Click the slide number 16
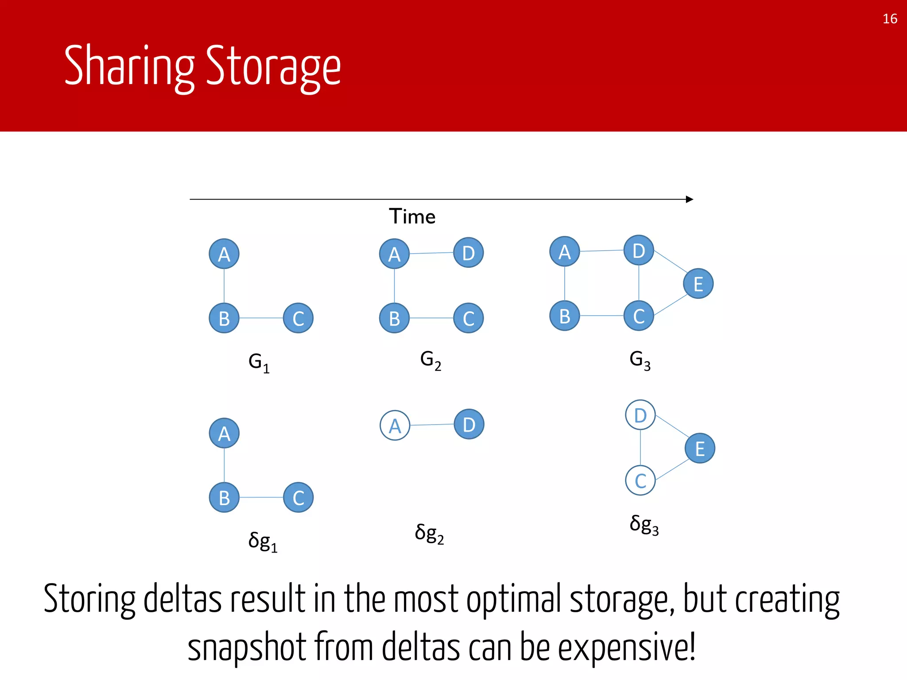tap(890, 19)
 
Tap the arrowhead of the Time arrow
tap(689, 199)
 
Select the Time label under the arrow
tap(412, 216)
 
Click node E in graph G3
tap(698, 284)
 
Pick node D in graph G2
tap(469, 253)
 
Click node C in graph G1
tap(298, 318)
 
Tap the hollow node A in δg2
tap(395, 425)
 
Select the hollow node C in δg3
tap(640, 480)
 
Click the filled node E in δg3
tap(700, 448)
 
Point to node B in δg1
tap(224, 497)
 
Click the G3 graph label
tap(640, 360)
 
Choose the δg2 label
tap(429, 533)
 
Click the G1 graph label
tap(259, 363)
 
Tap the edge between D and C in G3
tap(639, 283)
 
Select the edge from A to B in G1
tap(224, 286)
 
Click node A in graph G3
tap(564, 251)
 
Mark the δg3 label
tap(644, 525)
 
